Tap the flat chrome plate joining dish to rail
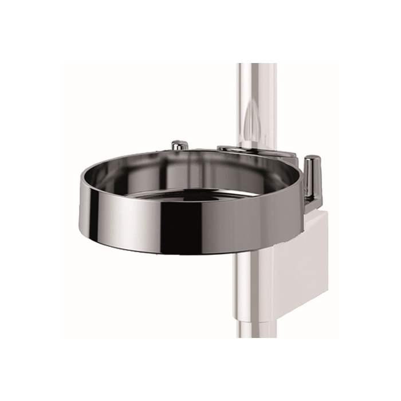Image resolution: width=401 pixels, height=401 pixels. [x=258, y=152]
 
